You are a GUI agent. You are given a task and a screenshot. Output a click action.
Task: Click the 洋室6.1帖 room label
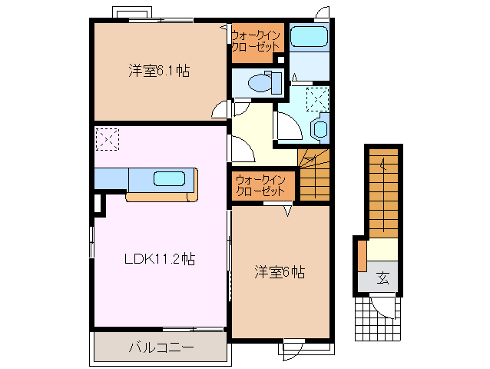158,71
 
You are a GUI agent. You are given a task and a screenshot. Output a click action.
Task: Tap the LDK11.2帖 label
160,259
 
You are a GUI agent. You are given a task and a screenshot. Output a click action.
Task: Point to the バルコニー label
161,347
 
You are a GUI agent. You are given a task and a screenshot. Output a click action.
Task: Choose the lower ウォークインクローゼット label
261,185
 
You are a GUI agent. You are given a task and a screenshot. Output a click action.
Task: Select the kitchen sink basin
169,179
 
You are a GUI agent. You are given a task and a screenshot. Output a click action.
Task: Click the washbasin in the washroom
319,128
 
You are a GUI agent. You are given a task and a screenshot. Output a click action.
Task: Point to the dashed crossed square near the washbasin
317,99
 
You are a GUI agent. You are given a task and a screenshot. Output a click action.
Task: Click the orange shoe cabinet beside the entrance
362,255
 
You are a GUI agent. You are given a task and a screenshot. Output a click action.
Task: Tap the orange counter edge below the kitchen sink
161,197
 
